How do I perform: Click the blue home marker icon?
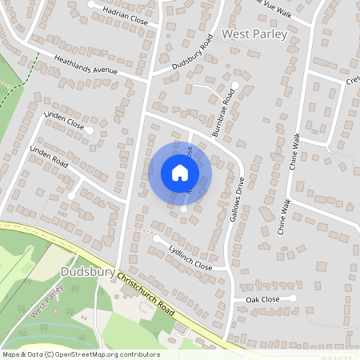[x=180, y=172]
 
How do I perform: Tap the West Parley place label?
[x=253, y=35]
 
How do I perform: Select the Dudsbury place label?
[x=90, y=273]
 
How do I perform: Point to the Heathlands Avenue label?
[x=86, y=66]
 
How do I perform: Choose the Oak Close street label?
[x=262, y=299]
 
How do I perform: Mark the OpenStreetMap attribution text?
[x=81, y=354]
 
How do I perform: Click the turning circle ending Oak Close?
[x=294, y=298]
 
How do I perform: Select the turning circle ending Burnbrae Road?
[x=235, y=84]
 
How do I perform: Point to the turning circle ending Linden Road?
[x=72, y=194]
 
